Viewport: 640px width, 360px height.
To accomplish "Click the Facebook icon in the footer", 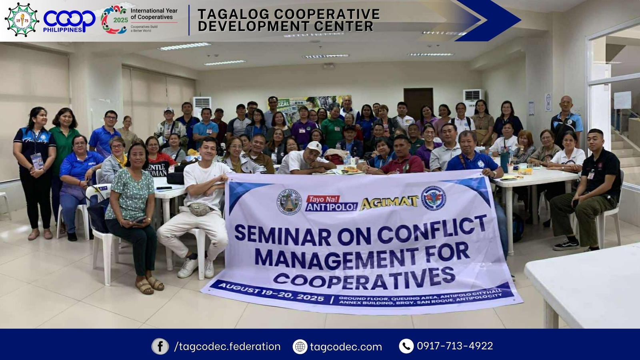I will click(x=160, y=346).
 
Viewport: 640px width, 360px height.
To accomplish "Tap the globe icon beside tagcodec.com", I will click(x=300, y=346).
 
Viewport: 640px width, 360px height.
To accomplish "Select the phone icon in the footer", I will click(x=406, y=346).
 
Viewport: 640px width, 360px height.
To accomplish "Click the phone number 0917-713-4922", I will click(x=455, y=346).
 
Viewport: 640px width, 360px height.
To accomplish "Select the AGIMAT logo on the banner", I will click(x=389, y=203).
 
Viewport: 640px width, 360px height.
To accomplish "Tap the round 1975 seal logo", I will click(x=21, y=20).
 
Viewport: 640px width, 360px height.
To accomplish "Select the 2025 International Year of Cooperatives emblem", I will click(x=114, y=20).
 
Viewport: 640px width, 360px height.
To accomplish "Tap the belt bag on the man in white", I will click(x=201, y=209).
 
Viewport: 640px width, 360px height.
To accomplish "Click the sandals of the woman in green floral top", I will click(x=150, y=284).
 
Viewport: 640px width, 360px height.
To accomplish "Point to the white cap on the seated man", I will click(x=315, y=147).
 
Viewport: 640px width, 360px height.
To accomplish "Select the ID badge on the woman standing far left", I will click(x=38, y=160).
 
